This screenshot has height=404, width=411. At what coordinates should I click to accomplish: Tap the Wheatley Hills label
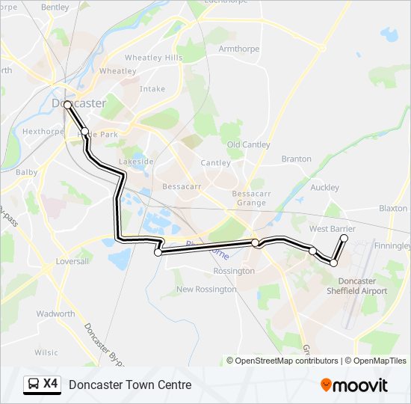tap(153, 58)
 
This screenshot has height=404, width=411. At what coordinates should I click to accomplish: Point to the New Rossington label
tap(205, 289)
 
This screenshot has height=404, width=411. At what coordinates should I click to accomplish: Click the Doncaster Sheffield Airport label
tap(357, 286)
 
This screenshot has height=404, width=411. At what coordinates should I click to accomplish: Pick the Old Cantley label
tap(249, 144)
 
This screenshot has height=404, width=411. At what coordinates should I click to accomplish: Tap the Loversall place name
tap(71, 262)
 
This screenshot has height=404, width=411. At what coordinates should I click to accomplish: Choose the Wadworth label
tap(55, 314)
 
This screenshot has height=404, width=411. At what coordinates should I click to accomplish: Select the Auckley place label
tap(324, 188)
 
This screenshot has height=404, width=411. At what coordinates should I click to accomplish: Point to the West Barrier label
tap(332, 228)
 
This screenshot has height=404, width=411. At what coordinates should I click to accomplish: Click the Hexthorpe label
tap(43, 131)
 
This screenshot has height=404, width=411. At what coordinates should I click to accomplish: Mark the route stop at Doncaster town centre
tap(67, 105)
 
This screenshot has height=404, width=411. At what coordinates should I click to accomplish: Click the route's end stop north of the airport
tap(344, 238)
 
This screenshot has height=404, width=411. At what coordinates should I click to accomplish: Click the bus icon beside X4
tap(33, 385)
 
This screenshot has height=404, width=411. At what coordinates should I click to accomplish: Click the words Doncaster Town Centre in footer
tap(130, 385)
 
